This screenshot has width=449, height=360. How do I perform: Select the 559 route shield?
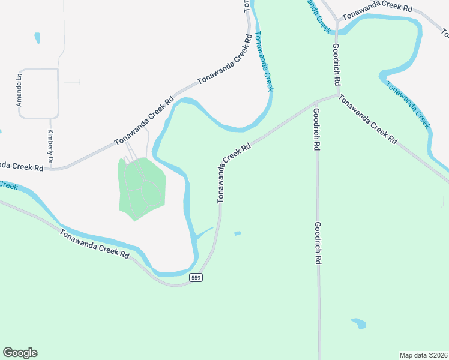coord(195,277)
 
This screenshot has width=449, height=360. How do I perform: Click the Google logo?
coord(20,353)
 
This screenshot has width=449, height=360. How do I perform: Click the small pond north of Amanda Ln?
coord(38,38)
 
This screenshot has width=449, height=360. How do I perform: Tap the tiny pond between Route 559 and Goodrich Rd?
coord(238,233)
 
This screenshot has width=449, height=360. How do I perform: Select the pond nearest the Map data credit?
coord(358,323)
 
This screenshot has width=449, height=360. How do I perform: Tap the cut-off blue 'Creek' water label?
coord(8,185)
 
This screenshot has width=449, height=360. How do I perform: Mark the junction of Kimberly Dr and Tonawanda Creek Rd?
coord(50,169)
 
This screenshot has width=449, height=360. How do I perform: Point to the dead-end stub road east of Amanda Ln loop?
coord(71,83)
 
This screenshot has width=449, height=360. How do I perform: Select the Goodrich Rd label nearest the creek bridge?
coord(337,63)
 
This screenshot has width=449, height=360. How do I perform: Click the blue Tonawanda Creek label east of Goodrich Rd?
coord(408,106)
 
